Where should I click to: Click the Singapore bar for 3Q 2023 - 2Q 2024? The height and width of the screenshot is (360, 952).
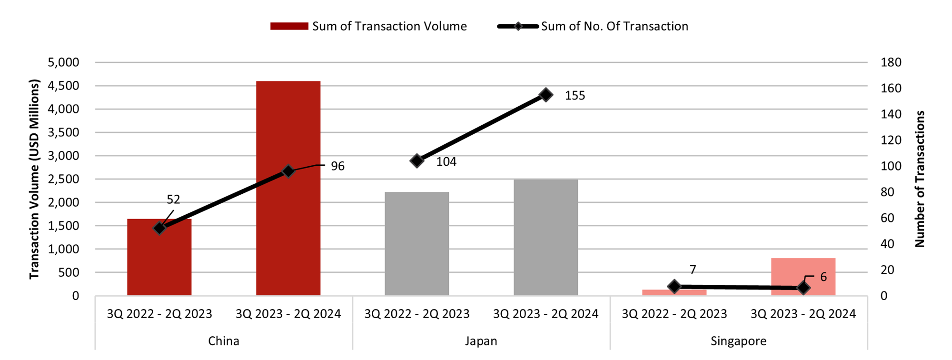pos(803,277)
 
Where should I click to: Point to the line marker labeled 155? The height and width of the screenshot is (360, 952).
pos(546,95)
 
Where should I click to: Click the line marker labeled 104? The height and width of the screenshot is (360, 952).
pos(416,161)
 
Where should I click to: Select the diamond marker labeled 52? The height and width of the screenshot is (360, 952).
pos(159,228)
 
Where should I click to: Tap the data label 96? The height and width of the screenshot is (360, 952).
pos(337,166)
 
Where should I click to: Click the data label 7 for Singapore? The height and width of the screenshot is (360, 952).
pos(693,270)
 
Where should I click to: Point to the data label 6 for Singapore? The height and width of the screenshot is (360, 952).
pos(823,277)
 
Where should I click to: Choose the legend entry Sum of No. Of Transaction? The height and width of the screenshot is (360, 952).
pos(593,26)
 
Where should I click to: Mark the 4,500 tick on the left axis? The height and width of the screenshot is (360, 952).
pos(63,86)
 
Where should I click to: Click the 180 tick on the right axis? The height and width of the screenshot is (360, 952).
pos(891,62)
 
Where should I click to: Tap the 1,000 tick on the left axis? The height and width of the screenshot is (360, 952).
pos(63,249)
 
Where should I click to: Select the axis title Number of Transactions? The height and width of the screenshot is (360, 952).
pos(920,179)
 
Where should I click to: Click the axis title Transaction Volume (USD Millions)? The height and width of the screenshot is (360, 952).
pos(34,179)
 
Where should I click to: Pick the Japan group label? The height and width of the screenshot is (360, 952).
pos(481,341)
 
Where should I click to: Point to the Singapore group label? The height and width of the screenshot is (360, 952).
pos(738,341)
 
